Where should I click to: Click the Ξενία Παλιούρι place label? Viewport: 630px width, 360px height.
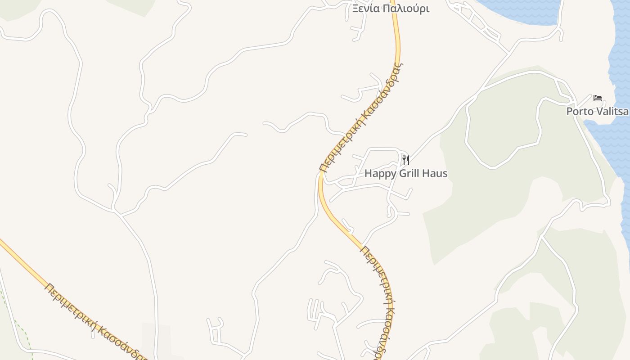click(x=390, y=9)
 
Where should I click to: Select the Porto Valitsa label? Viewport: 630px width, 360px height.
click(x=597, y=111)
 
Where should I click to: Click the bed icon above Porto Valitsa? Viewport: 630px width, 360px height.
click(x=598, y=98)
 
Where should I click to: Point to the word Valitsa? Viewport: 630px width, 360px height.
click(x=612, y=111)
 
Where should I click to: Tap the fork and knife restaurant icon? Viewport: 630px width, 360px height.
click(x=405, y=160)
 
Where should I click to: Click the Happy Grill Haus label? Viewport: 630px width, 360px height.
click(x=406, y=173)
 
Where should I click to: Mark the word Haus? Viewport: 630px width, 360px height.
click(x=434, y=173)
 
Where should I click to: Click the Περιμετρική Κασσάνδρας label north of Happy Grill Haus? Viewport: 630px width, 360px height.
click(x=361, y=118)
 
